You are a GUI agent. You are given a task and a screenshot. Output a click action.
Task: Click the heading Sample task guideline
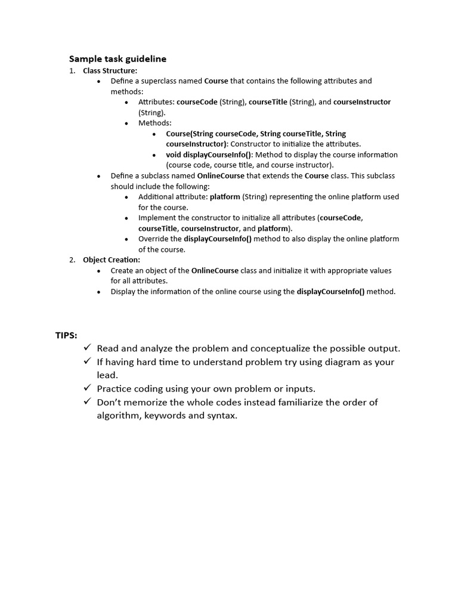click(x=117, y=58)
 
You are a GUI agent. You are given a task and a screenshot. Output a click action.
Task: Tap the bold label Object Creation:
click(x=112, y=260)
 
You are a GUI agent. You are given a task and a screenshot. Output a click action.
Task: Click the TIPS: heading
click(x=66, y=335)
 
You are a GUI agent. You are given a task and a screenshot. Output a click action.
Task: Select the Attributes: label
click(x=156, y=102)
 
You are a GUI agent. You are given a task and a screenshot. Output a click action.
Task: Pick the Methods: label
click(x=154, y=123)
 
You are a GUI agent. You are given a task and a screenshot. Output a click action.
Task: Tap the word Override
click(x=151, y=239)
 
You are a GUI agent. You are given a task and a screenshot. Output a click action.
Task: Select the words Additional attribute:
click(x=173, y=197)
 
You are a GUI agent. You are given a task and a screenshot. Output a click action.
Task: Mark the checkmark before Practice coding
click(x=87, y=388)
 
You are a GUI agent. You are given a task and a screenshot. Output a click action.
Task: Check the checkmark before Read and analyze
click(x=87, y=348)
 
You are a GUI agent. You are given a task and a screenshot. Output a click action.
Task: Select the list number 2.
click(x=72, y=260)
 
